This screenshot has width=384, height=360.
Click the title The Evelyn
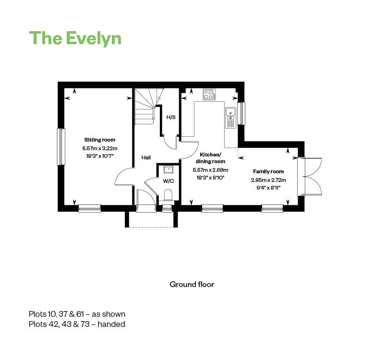(75, 38)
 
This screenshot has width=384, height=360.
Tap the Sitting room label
(100, 140)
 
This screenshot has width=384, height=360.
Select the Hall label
(147, 157)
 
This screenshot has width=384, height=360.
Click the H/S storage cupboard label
(170, 117)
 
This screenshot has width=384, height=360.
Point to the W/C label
(168, 181)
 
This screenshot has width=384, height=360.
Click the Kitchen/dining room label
(210, 158)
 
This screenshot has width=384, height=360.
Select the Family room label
(268, 171)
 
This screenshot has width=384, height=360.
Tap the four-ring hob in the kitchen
(209, 95)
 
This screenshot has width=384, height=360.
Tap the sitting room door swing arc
(123, 177)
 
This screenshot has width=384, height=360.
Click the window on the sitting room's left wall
(61, 146)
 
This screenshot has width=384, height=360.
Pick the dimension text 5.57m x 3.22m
(100, 149)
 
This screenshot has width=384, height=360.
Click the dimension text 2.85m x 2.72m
(268, 180)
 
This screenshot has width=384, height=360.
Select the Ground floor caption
(192, 284)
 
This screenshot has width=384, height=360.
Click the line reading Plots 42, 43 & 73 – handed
(77, 324)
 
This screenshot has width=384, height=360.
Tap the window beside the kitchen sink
(242, 113)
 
